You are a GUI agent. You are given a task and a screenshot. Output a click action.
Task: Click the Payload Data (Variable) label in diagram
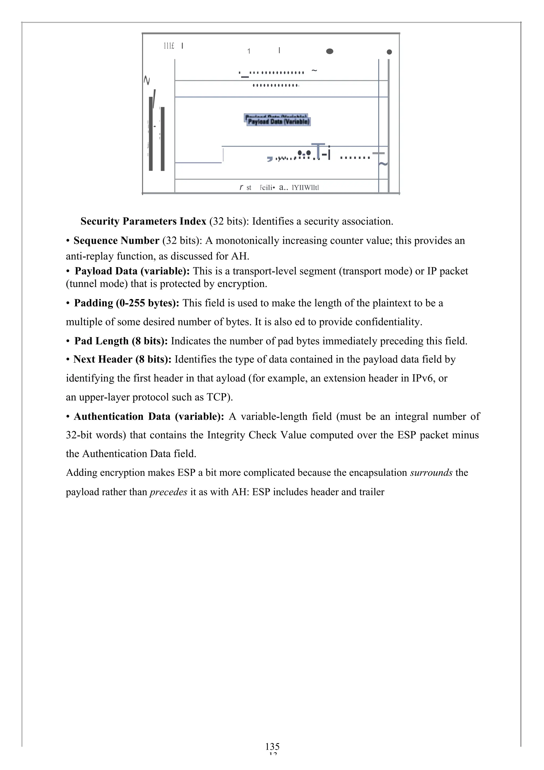click(x=278, y=121)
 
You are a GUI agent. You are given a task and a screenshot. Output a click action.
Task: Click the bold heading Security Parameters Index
click(x=143, y=221)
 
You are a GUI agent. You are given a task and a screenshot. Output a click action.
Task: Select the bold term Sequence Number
click(x=116, y=241)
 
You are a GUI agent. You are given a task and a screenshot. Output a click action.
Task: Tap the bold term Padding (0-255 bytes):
click(x=126, y=303)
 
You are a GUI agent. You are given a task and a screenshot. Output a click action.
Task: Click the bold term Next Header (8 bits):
click(x=122, y=359)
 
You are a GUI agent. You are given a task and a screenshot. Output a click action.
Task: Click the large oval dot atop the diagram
click(x=330, y=51)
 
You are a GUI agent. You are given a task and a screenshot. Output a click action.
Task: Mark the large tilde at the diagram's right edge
click(x=383, y=164)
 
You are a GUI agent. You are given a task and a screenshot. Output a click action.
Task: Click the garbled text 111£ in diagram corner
click(x=169, y=46)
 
